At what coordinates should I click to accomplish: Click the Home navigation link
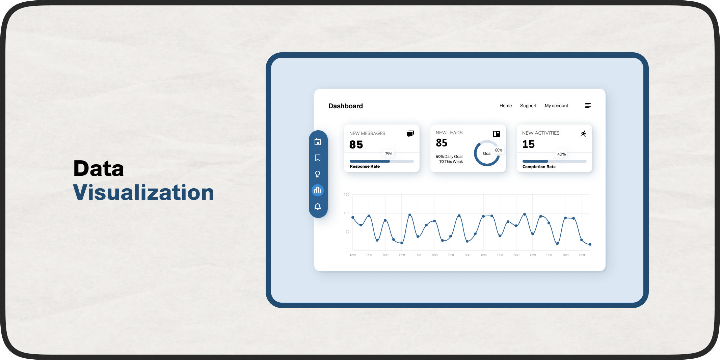tap(505, 106)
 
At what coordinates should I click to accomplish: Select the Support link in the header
tap(528, 106)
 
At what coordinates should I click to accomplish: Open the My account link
tap(556, 106)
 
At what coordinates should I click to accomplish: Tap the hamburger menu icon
tap(588, 106)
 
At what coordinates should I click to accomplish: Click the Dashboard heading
tap(345, 106)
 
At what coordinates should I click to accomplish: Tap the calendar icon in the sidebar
tap(318, 142)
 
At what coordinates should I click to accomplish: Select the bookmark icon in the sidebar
tap(318, 158)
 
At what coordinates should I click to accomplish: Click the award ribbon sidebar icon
tap(318, 174)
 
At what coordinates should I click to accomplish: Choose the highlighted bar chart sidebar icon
tap(318, 190)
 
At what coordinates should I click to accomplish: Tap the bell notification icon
tap(318, 206)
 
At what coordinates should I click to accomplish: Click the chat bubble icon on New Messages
tap(410, 134)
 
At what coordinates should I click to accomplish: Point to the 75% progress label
tap(389, 154)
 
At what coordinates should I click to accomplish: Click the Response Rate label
tap(365, 166)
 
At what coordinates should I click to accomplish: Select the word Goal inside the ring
tap(487, 154)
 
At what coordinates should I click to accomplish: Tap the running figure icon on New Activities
tap(583, 134)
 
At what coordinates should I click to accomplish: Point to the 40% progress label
tap(561, 154)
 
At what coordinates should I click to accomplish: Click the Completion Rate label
tap(539, 167)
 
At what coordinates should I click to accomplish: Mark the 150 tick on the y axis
tap(346, 195)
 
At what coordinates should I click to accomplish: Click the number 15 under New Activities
tap(528, 144)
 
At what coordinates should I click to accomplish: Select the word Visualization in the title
tap(143, 193)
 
